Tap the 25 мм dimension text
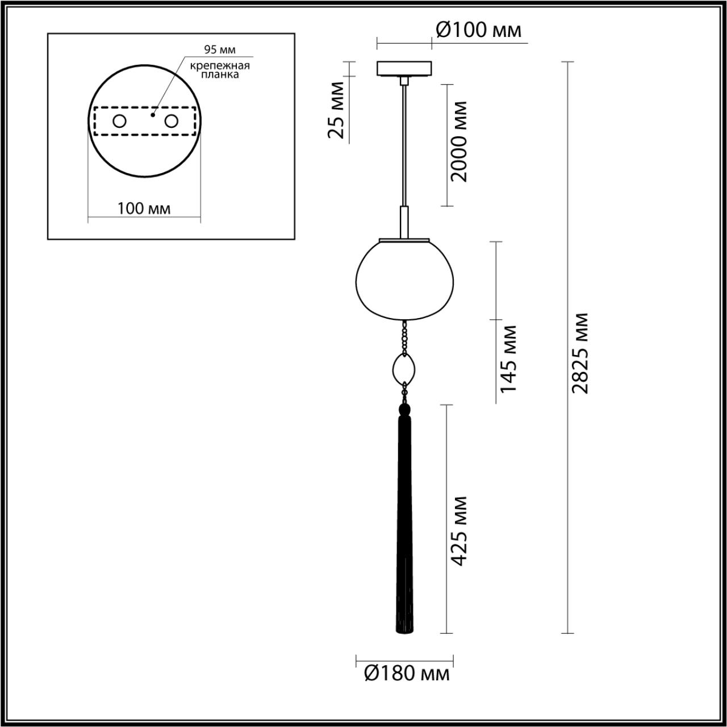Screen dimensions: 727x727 [x=337, y=110]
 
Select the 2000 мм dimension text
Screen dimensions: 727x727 [x=458, y=141]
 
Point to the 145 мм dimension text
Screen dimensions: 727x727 [x=508, y=359]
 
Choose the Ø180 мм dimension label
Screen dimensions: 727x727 [x=406, y=674]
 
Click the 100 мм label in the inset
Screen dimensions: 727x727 [x=144, y=208]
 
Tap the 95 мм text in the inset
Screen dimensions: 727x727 [x=220, y=51]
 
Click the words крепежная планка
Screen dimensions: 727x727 [x=220, y=70]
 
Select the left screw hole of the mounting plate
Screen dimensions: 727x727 [x=119, y=121]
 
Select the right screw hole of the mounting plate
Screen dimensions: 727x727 [x=171, y=121]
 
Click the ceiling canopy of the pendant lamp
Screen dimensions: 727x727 [x=404, y=68]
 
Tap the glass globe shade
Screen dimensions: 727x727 [x=404, y=278]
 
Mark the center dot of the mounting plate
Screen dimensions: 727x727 [x=152, y=115]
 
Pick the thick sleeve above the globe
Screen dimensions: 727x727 [x=404, y=222]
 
